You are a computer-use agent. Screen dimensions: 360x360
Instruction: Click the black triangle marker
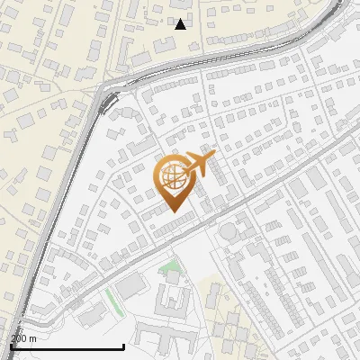click(x=180, y=23)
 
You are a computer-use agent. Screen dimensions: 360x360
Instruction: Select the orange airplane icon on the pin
click(x=199, y=165)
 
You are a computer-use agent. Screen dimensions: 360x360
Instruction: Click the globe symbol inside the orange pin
click(x=175, y=177)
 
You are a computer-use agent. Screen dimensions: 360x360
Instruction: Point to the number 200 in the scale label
click(x=19, y=337)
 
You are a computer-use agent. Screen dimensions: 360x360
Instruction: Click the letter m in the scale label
click(x=32, y=337)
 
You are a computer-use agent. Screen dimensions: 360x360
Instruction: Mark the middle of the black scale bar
click(x=67, y=346)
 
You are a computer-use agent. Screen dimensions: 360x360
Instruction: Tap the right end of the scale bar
click(x=123, y=346)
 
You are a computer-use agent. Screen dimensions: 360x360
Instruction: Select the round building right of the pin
click(x=229, y=232)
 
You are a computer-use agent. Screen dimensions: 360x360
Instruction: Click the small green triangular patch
click(x=168, y=266)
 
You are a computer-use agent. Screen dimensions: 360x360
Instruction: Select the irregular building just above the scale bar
click(x=90, y=316)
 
